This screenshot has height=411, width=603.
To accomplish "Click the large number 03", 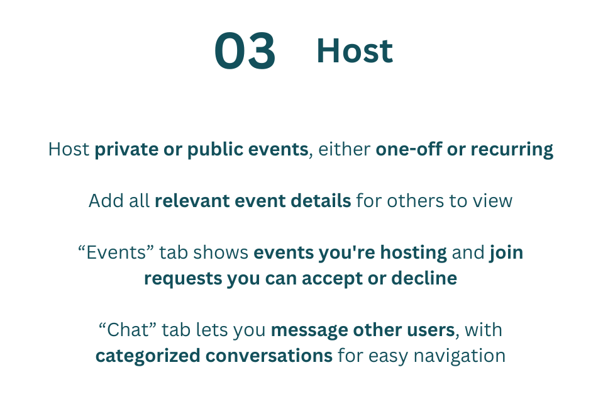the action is pyautogui.click(x=245, y=51).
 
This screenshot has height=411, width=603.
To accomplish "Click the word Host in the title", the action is pyautogui.click(x=355, y=51).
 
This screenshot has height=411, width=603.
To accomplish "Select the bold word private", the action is pyautogui.click(x=126, y=150).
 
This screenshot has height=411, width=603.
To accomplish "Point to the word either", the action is pyautogui.click(x=344, y=149).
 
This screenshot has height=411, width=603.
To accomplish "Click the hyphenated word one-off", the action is pyautogui.click(x=409, y=149).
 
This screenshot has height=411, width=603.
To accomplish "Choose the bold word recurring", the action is pyautogui.click(x=512, y=150).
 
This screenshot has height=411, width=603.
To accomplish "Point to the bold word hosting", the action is pyautogui.click(x=413, y=253).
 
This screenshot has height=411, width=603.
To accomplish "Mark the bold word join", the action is pyautogui.click(x=506, y=253).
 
